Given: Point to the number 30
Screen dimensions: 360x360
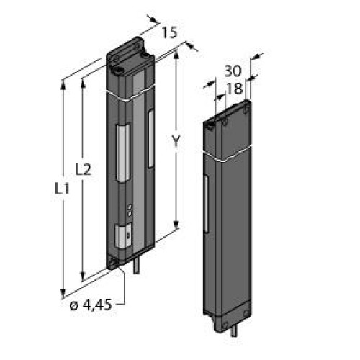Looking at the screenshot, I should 233,71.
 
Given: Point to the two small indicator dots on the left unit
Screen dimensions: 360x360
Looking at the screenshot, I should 129,210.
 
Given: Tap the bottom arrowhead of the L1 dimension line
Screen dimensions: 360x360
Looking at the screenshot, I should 66,292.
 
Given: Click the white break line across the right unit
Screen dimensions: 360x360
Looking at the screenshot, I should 230,155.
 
